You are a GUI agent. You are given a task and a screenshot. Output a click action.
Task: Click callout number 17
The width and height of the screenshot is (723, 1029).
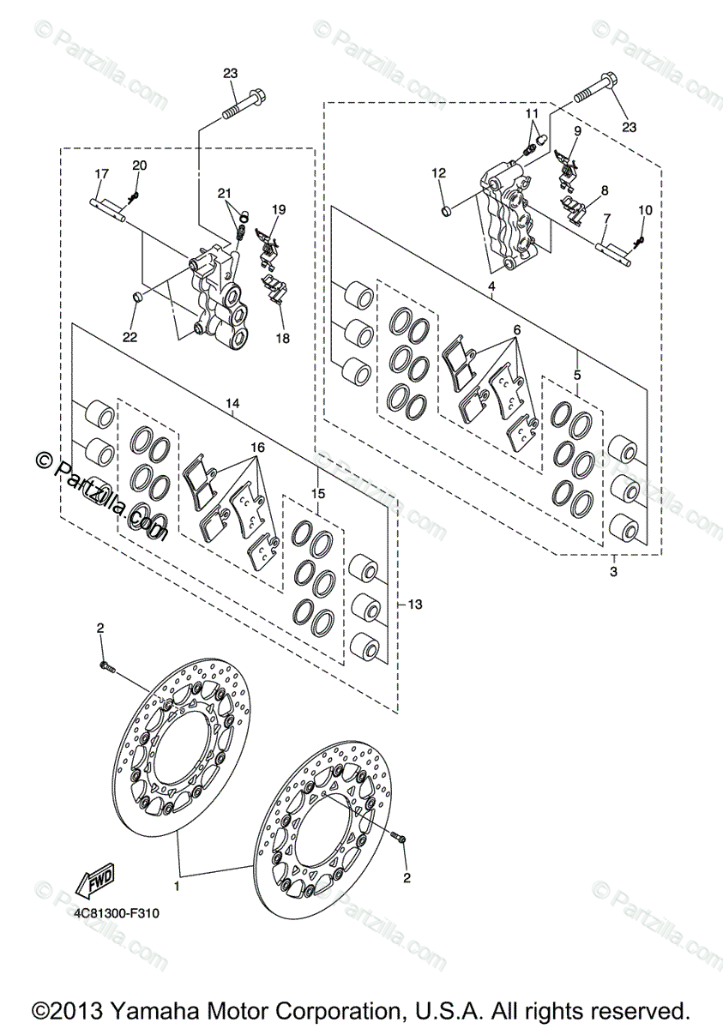tap(101, 174)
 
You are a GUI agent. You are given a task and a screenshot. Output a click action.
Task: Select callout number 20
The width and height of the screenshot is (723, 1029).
tap(139, 165)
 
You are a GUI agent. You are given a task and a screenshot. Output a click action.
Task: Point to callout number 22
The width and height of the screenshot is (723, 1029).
tap(130, 337)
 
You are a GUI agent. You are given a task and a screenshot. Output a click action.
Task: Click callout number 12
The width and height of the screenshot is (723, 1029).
tap(439, 173)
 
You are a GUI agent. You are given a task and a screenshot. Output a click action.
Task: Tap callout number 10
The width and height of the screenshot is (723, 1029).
tap(645, 210)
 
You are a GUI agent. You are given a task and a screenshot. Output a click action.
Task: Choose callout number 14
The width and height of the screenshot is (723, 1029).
tap(234, 402)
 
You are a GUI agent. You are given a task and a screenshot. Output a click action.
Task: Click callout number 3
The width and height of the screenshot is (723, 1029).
tap(614, 571)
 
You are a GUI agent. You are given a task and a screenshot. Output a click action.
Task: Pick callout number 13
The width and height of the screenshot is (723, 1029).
tap(415, 605)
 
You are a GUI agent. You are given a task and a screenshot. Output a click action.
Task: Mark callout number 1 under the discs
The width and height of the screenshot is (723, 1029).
tap(178, 882)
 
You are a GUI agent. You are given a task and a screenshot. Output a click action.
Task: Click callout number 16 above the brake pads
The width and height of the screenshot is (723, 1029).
tap(257, 448)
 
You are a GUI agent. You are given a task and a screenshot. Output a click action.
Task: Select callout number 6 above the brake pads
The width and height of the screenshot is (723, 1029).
tap(517, 329)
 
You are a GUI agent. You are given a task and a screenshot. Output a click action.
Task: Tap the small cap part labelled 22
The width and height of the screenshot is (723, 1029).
tap(136, 298)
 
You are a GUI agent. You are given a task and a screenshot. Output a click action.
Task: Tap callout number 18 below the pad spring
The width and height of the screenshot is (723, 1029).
tap(282, 338)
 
